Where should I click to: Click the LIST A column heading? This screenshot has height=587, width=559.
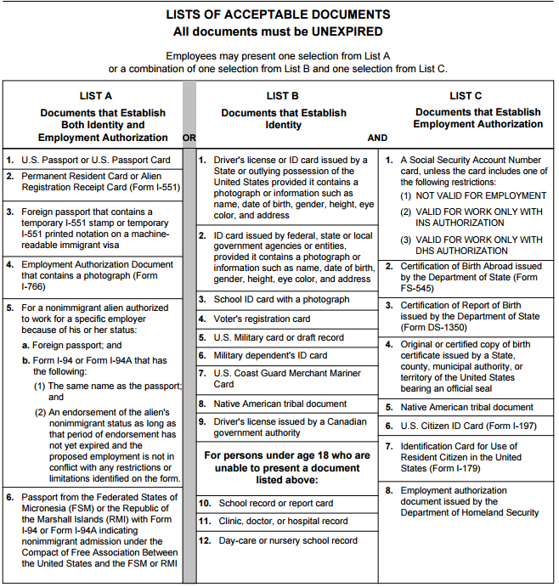coord(96,96)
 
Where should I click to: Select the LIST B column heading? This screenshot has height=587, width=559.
coord(282,96)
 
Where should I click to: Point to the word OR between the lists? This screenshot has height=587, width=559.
coord(189,138)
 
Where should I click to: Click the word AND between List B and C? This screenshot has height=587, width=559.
coord(377,138)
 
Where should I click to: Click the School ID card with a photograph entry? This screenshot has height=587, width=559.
coord(280,299)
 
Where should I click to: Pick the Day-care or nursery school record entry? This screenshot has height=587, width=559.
coord(288,540)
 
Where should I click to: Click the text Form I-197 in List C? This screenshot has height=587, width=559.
coord(505,426)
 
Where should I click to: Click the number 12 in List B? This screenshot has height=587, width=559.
coord(205,540)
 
